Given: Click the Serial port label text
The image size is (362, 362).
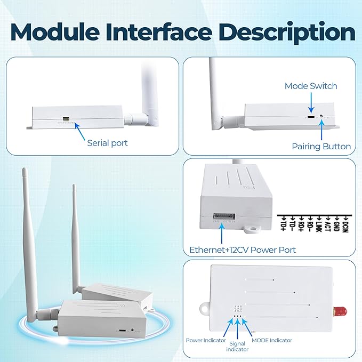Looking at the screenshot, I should [x=107, y=143].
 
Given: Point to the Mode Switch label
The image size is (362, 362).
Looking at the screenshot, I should [x=311, y=86].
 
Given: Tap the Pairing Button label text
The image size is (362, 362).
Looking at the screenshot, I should [x=321, y=146].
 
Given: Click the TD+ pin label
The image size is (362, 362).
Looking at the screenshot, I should [x=283, y=227].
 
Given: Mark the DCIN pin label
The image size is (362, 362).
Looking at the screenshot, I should [x=345, y=227].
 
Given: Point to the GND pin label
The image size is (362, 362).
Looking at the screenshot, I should [x=336, y=227].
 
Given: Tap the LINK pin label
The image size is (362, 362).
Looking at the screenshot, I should [x=319, y=227].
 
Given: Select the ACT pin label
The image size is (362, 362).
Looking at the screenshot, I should [x=328, y=227].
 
